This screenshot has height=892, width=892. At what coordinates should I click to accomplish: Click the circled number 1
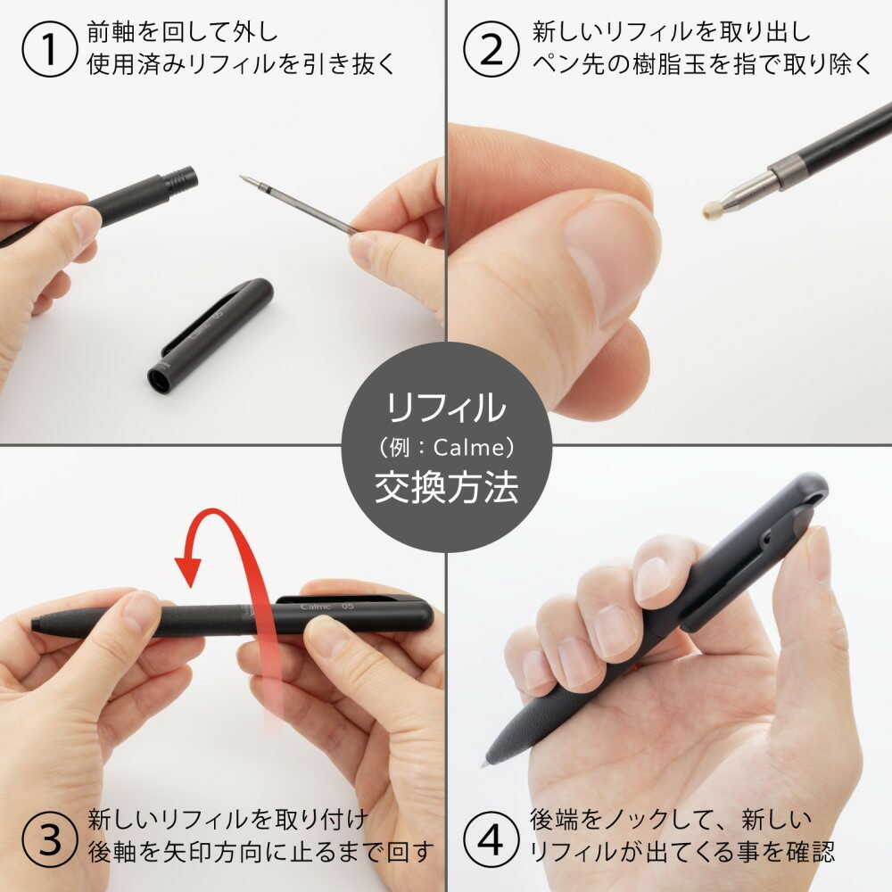click(49, 49)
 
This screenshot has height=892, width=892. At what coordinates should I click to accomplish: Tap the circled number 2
click(491, 49)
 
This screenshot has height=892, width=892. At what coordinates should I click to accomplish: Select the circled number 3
click(49, 839)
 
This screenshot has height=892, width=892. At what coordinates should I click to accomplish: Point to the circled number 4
click(491, 839)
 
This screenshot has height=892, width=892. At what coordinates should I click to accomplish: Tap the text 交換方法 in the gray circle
click(447, 488)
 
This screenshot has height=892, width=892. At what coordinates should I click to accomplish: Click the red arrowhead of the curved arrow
click(188, 570)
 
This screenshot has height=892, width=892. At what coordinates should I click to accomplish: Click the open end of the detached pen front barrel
click(160, 380)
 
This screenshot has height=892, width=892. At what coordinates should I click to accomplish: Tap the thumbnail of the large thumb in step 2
click(612, 254)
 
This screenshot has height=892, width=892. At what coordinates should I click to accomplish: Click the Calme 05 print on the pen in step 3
click(326, 607)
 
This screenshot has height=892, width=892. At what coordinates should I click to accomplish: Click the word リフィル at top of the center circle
click(446, 408)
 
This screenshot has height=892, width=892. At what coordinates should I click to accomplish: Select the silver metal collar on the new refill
click(788, 171)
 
